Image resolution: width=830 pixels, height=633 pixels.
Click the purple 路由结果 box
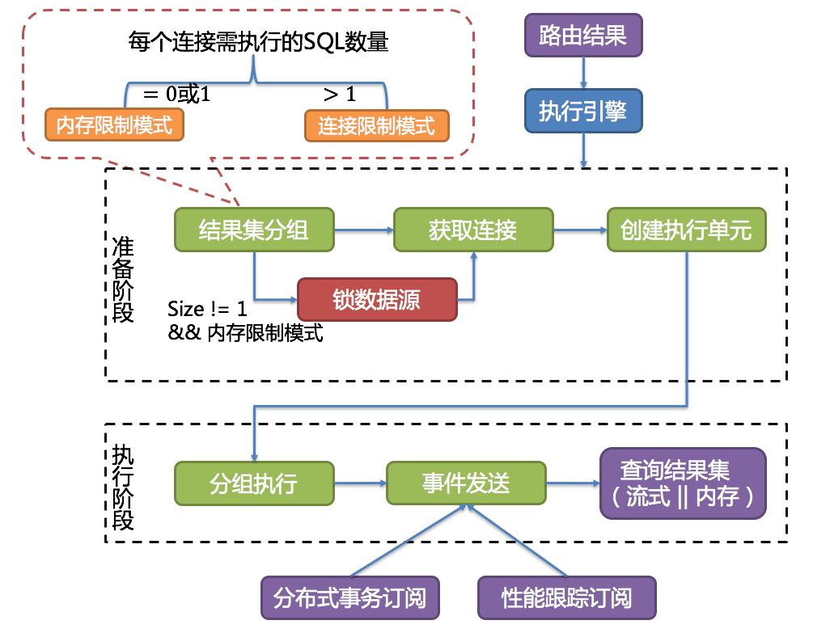click(x=583, y=36)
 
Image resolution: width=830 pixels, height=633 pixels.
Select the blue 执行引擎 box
click(x=583, y=111)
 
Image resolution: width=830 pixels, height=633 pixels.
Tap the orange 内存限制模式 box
click(x=114, y=125)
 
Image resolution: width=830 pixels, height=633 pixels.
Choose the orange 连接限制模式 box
click(x=376, y=125)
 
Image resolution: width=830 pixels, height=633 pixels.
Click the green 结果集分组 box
click(x=254, y=230)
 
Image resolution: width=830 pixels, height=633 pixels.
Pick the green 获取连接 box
click(x=473, y=230)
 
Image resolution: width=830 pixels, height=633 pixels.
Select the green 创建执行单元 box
click(x=686, y=230)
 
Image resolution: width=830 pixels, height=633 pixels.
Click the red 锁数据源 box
click(x=377, y=300)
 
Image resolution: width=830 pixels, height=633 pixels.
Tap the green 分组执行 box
click(x=254, y=483)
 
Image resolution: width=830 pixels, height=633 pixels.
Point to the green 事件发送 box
click(x=466, y=483)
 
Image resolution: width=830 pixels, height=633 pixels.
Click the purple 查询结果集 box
click(x=683, y=483)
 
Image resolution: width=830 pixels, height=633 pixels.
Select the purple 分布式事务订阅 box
click(x=350, y=599)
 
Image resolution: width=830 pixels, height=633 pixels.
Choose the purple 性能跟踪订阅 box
click(x=566, y=599)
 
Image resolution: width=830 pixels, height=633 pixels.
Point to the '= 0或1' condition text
click(x=176, y=94)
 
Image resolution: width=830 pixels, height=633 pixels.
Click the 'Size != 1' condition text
click(x=208, y=309)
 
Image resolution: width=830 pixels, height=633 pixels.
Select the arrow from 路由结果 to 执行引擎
click(x=583, y=74)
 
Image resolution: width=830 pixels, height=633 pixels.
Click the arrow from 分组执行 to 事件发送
click(x=360, y=483)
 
